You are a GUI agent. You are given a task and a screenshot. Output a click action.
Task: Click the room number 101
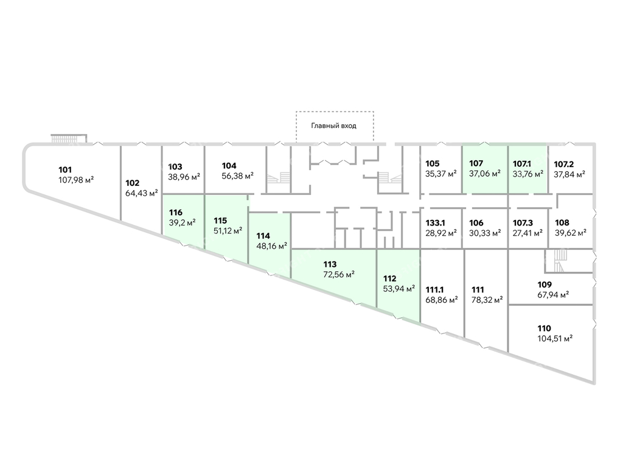[65, 169]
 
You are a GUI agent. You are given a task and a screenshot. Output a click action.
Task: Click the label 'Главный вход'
[333, 126]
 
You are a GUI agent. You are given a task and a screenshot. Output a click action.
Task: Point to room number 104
[229, 166]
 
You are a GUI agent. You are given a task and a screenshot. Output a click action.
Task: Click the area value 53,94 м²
[399, 289]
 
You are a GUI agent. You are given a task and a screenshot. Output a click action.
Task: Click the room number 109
[545, 284]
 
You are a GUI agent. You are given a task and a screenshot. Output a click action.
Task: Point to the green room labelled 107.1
[527, 169]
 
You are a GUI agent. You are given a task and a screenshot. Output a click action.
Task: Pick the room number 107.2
[564, 163]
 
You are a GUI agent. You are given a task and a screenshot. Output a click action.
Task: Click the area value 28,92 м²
[441, 232]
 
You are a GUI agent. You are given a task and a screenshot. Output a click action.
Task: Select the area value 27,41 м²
[527, 232]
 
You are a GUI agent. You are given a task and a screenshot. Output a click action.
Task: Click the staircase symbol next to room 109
[558, 260]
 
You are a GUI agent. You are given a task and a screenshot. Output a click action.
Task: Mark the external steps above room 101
[68, 138]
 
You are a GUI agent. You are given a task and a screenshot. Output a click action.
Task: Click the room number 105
[433, 163]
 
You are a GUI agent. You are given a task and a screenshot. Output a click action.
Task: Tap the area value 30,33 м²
[485, 232]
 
